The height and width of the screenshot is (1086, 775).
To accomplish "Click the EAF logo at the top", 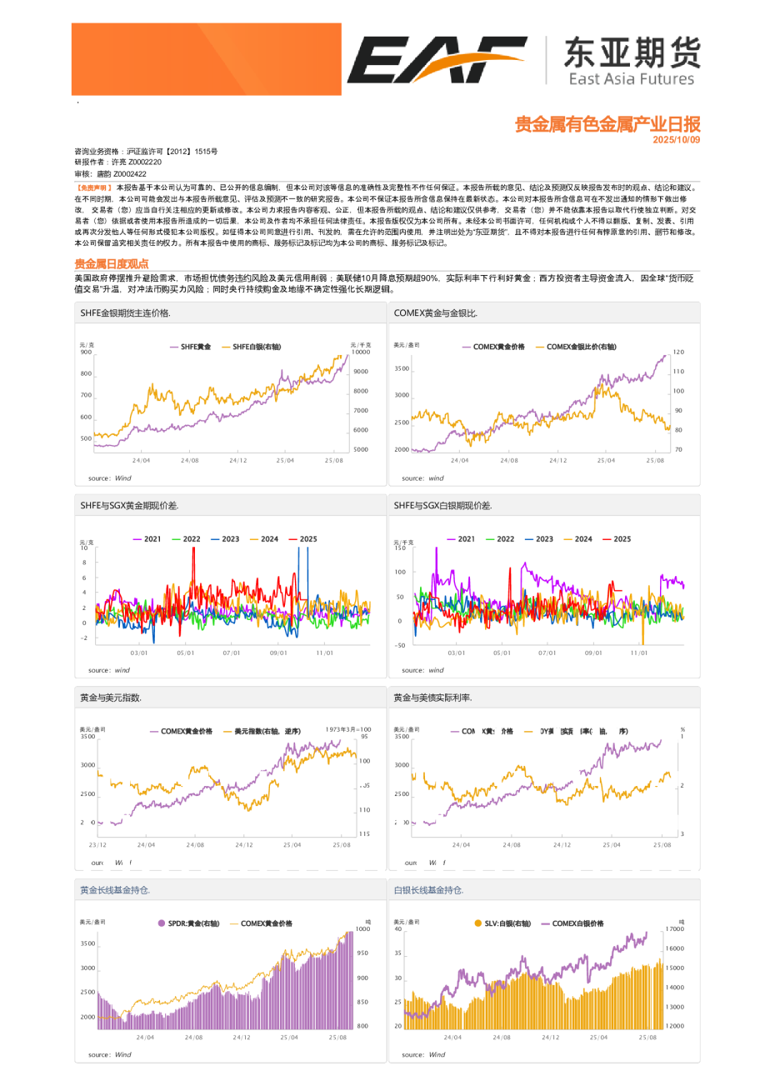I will coord(436,60).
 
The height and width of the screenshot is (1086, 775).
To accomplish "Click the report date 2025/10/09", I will coord(676,140).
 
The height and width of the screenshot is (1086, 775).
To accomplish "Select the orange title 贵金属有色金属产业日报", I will coord(607,124).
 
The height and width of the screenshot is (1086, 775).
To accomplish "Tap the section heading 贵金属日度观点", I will coord(111,263).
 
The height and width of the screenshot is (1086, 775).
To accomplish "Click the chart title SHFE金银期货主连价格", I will coord(125,313).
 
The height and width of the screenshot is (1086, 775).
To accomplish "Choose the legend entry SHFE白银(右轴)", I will coord(257,347).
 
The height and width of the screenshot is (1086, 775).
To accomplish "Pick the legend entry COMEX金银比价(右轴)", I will coord(581,347).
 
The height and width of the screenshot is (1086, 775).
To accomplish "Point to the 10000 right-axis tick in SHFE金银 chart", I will coord(360,353).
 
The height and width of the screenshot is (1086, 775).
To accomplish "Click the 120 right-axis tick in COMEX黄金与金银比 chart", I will coord(678,353).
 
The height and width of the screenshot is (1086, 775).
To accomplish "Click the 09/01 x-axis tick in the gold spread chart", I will coord(277,653).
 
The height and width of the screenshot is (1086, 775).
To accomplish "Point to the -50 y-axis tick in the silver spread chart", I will coord(400,645).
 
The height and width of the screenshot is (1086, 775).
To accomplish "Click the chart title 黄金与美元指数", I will coord(111,698).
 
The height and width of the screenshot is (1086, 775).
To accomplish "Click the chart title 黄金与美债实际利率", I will coord(432,698).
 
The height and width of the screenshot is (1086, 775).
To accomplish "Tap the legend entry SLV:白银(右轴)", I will coord(507,923).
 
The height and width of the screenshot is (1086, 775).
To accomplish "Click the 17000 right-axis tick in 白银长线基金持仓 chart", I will coord(674,928).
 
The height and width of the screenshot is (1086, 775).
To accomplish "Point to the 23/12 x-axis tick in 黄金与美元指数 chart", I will coord(97,845).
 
